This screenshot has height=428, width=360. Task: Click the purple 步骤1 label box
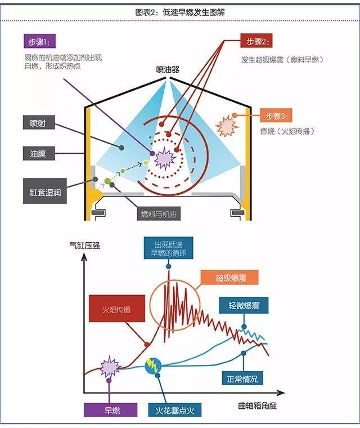tap(39, 41)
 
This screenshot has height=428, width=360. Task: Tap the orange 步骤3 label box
tap(276, 115)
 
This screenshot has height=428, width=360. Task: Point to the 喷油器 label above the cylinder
tap(168, 70)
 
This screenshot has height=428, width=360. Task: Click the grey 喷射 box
tap(39, 122)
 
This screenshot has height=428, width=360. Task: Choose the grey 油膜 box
tap(39, 153)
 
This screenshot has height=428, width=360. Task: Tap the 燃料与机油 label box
tap(159, 214)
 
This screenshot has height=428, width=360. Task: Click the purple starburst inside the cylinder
tap(165, 159)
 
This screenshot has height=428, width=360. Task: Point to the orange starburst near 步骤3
tap(227, 126)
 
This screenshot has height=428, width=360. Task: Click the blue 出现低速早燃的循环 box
tap(169, 248)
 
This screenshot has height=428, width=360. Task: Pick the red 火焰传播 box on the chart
tap(117, 309)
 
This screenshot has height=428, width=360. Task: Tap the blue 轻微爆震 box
tap(244, 305)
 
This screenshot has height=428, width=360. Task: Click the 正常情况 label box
tap(242, 378)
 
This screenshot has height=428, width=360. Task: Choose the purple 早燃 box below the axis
tap(110, 410)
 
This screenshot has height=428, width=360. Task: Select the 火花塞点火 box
tap(174, 410)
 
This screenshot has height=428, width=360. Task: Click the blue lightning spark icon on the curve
tap(153, 366)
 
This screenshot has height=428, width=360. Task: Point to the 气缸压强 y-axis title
tap(84, 246)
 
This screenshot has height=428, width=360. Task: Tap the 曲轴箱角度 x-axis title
tap(257, 406)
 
